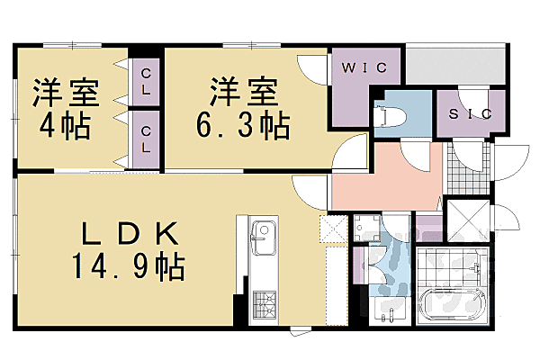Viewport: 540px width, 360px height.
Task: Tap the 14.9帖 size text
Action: tap(130, 266)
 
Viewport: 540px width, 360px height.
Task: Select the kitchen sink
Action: tap(260, 241)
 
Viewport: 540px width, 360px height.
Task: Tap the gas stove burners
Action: tap(263, 301)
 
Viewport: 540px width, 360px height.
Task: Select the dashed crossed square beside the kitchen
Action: tap(333, 230)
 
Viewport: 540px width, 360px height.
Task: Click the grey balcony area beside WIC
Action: tap(454, 65)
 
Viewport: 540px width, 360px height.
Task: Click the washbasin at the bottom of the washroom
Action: tap(390, 310)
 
